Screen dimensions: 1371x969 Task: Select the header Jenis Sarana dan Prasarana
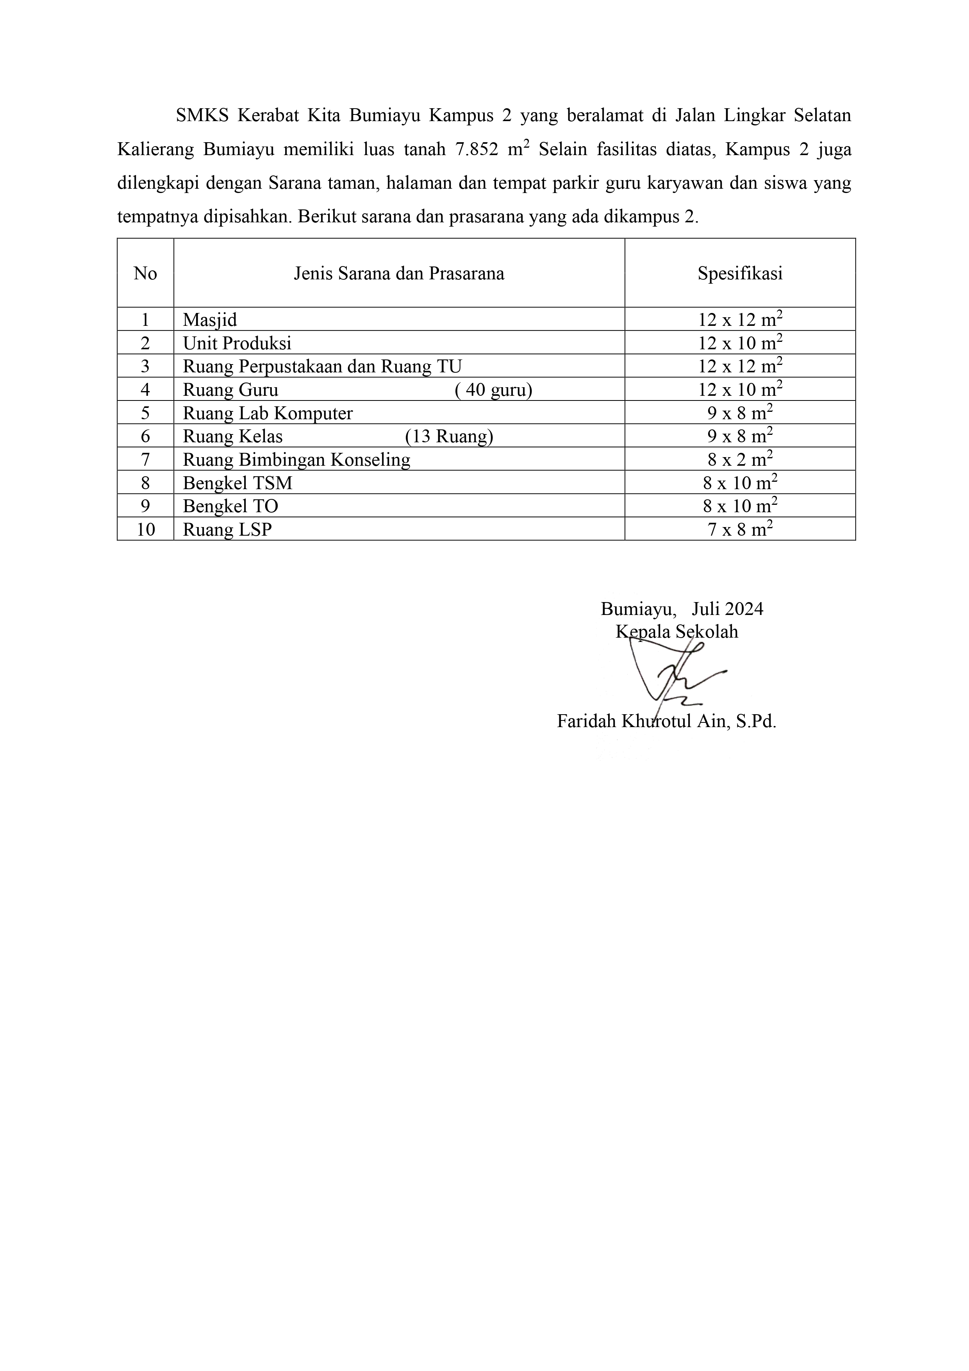click(x=399, y=273)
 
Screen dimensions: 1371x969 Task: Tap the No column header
click(x=145, y=273)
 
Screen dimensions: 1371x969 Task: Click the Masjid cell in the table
click(x=210, y=320)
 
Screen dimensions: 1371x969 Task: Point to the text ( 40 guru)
click(x=493, y=390)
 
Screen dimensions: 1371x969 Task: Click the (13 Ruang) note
click(x=449, y=436)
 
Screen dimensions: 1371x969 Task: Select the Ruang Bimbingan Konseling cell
click(x=297, y=460)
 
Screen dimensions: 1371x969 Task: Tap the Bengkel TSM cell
click(x=237, y=483)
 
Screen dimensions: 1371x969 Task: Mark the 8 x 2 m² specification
click(x=741, y=460)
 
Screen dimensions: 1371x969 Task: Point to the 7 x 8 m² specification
click(x=741, y=529)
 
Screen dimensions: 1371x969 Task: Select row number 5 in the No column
click(x=145, y=413)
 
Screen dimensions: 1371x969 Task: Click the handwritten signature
click(x=675, y=675)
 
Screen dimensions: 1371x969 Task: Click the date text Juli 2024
click(x=728, y=609)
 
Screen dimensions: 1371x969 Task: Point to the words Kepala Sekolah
click(x=677, y=632)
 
